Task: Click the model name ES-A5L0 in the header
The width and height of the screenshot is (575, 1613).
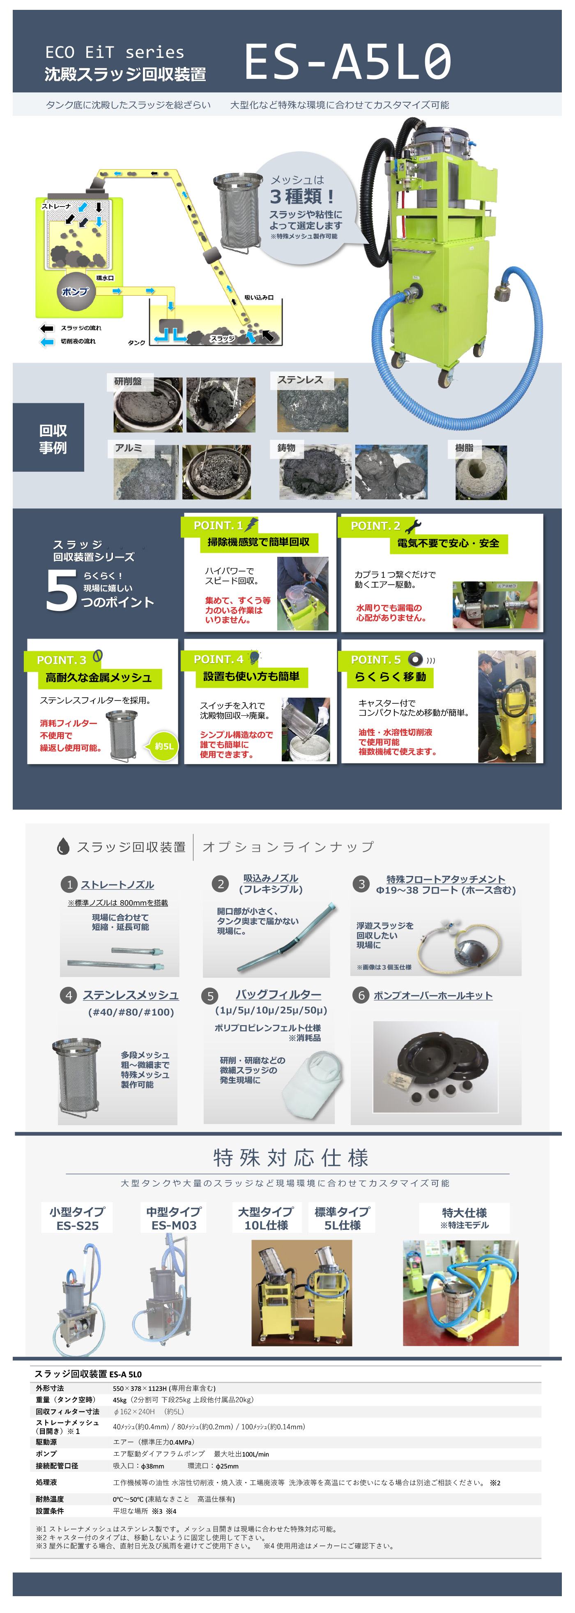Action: pyautogui.click(x=347, y=62)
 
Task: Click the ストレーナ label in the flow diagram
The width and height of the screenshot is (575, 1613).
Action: pyautogui.click(x=56, y=206)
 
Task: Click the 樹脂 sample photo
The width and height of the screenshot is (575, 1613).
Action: pyautogui.click(x=481, y=473)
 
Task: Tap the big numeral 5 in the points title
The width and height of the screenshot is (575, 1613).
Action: pyautogui.click(x=61, y=591)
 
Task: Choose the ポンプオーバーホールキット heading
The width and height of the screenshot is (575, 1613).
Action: pyautogui.click(x=433, y=996)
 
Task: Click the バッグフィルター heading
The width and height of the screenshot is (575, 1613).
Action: pyautogui.click(x=278, y=995)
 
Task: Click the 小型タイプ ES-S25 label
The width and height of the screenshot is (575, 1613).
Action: pyautogui.click(x=77, y=1218)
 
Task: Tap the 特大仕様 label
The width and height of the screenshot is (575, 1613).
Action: pyautogui.click(x=464, y=1218)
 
